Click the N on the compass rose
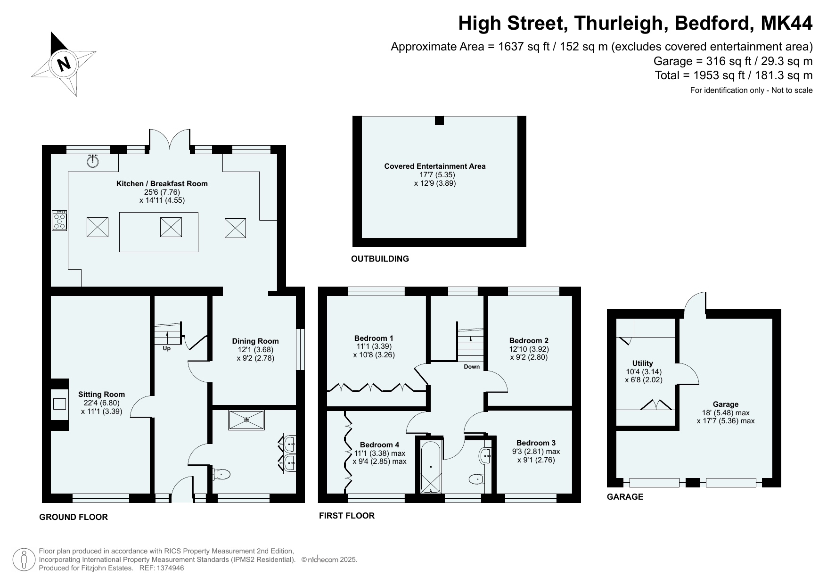point(64,63)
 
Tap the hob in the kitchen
point(59,220)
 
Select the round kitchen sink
point(93,161)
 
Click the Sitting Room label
point(102,395)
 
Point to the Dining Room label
point(255,341)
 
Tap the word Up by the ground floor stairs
point(167,348)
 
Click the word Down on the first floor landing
point(472,367)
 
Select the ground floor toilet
point(221,474)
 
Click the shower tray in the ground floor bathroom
point(246,420)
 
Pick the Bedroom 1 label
point(374,338)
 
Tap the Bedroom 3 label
point(536,443)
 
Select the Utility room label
point(643,363)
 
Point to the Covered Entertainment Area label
point(435,166)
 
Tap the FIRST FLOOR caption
point(347,516)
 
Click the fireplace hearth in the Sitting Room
point(59,404)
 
